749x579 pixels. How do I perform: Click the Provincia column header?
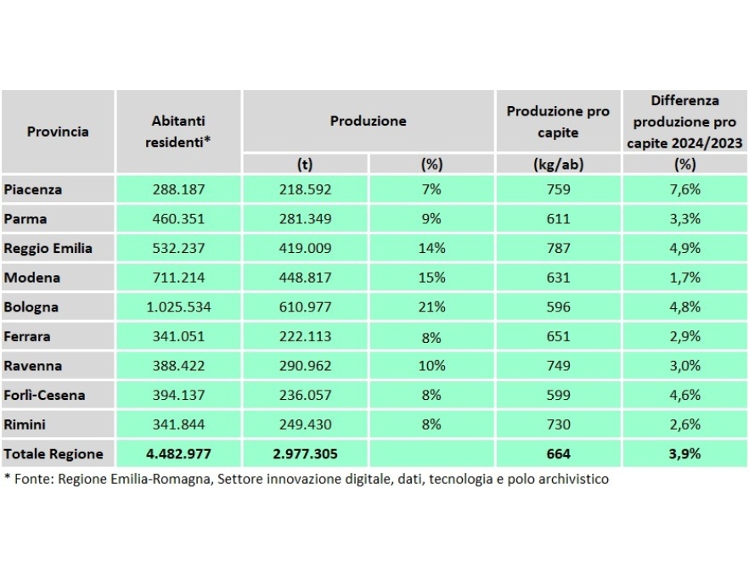(58, 132)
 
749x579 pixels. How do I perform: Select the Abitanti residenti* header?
(178, 132)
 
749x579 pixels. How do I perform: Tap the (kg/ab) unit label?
(558, 165)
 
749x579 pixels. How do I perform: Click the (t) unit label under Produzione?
(305, 165)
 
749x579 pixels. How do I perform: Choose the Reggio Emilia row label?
(48, 249)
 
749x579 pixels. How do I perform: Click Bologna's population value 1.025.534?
(178, 307)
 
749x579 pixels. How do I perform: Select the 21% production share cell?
(431, 307)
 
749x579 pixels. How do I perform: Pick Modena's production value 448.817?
(305, 278)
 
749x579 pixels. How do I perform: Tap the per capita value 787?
(558, 249)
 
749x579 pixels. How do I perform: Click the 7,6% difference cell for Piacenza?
(684, 189)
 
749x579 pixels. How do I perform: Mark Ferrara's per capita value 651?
(558, 337)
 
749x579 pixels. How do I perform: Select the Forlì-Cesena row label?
(44, 396)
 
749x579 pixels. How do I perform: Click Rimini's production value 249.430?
(305, 424)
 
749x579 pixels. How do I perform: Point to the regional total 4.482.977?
(178, 454)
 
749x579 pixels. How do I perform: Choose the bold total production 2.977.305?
(305, 454)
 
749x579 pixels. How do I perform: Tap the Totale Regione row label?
(53, 454)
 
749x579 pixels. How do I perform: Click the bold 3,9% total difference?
(684, 454)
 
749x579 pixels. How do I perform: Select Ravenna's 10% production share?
(431, 366)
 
